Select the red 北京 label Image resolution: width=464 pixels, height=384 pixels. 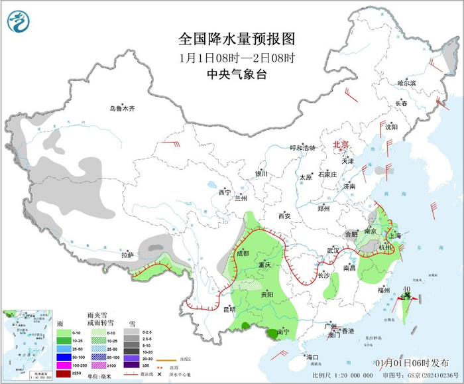pyautogui.click(x=340, y=144)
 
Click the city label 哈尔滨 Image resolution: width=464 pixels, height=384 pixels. pyautogui.click(x=406, y=84)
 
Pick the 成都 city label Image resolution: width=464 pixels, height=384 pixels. pyautogui.click(x=243, y=253)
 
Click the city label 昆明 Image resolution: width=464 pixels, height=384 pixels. pyautogui.click(x=229, y=309)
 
